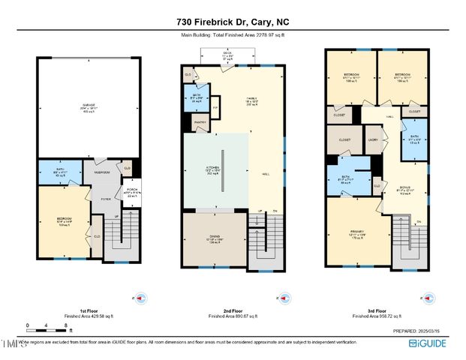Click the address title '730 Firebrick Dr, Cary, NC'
click(x=233, y=22)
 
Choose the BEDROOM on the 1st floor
click(x=62, y=220)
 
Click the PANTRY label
click(x=199, y=121)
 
